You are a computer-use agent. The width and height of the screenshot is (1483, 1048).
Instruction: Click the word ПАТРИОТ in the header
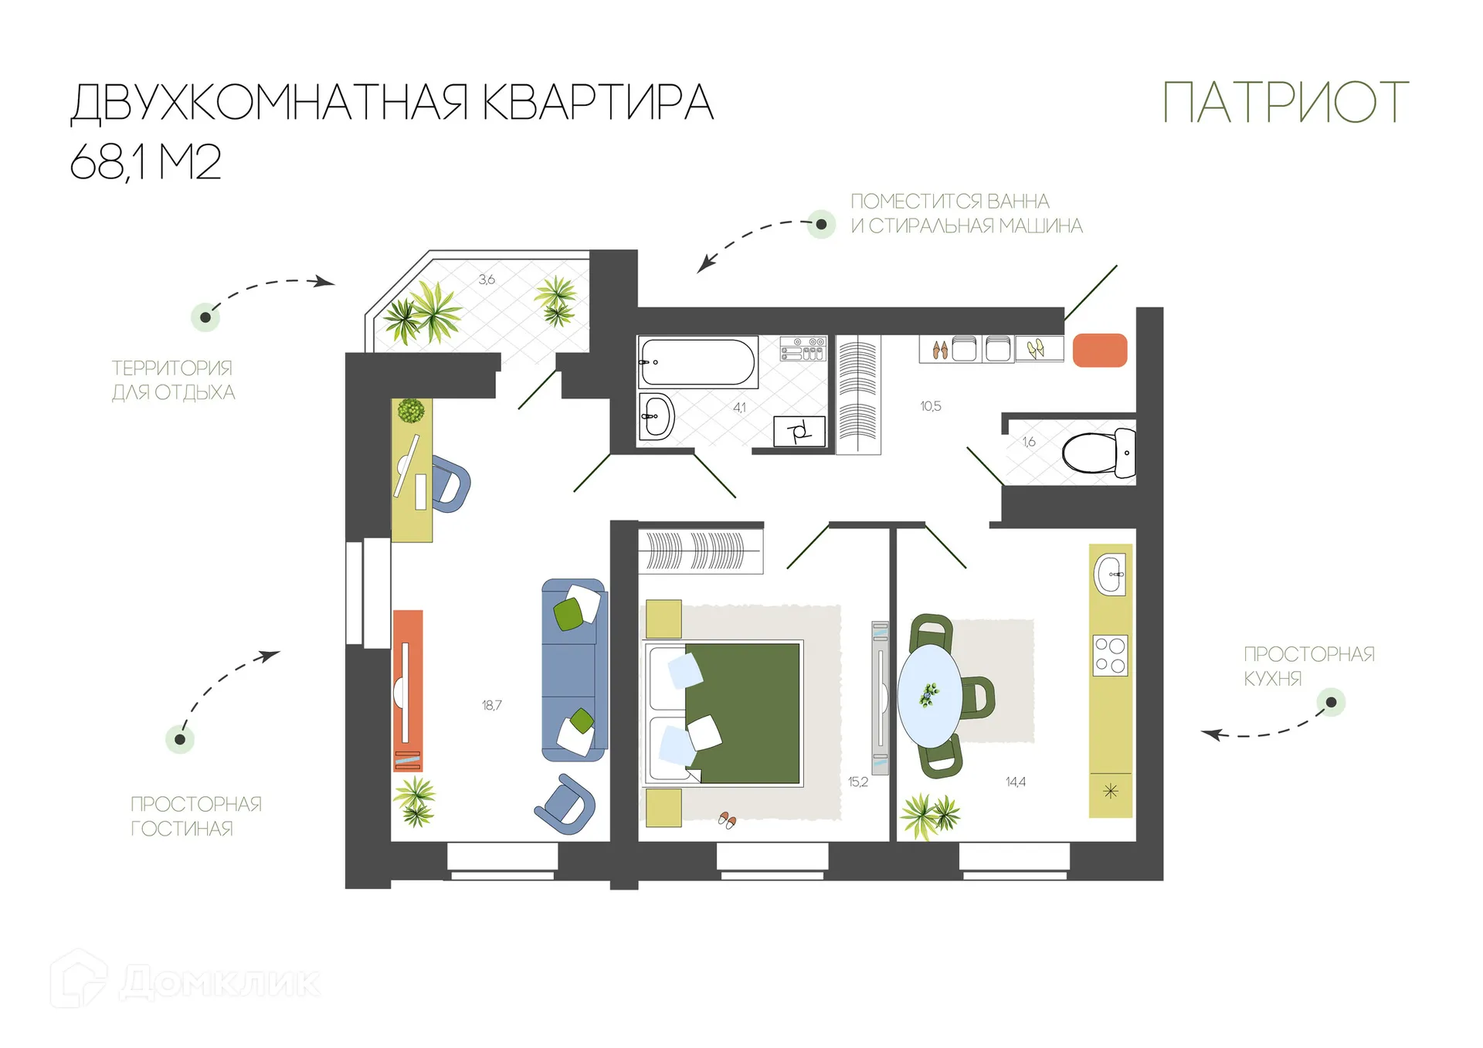point(1285,102)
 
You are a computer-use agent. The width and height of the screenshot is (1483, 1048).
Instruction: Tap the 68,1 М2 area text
point(145,162)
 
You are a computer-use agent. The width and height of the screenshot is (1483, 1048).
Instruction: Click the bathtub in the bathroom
point(697,361)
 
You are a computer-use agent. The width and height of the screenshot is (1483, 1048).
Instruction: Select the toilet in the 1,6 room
point(1098,453)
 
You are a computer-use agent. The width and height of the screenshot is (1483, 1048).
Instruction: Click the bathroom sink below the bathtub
point(657,416)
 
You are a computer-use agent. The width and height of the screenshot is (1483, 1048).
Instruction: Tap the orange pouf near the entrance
point(1100,350)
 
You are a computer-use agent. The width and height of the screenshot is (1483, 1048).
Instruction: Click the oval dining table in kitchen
point(930,695)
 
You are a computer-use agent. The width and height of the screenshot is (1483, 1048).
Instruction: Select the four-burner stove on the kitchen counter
point(1110,655)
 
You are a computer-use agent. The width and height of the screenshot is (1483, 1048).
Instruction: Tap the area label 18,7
point(491,705)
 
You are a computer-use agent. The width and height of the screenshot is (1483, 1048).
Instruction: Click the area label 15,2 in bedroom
point(857,782)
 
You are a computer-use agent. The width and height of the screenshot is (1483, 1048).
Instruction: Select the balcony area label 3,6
point(487,280)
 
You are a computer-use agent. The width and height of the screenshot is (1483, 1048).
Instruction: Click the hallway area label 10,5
point(930,406)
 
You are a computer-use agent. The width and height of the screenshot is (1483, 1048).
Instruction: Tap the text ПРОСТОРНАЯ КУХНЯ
point(1308,666)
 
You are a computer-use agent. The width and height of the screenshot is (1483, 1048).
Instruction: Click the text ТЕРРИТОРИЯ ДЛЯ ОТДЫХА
point(173,380)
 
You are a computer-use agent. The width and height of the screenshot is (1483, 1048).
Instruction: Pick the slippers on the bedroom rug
point(727,819)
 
